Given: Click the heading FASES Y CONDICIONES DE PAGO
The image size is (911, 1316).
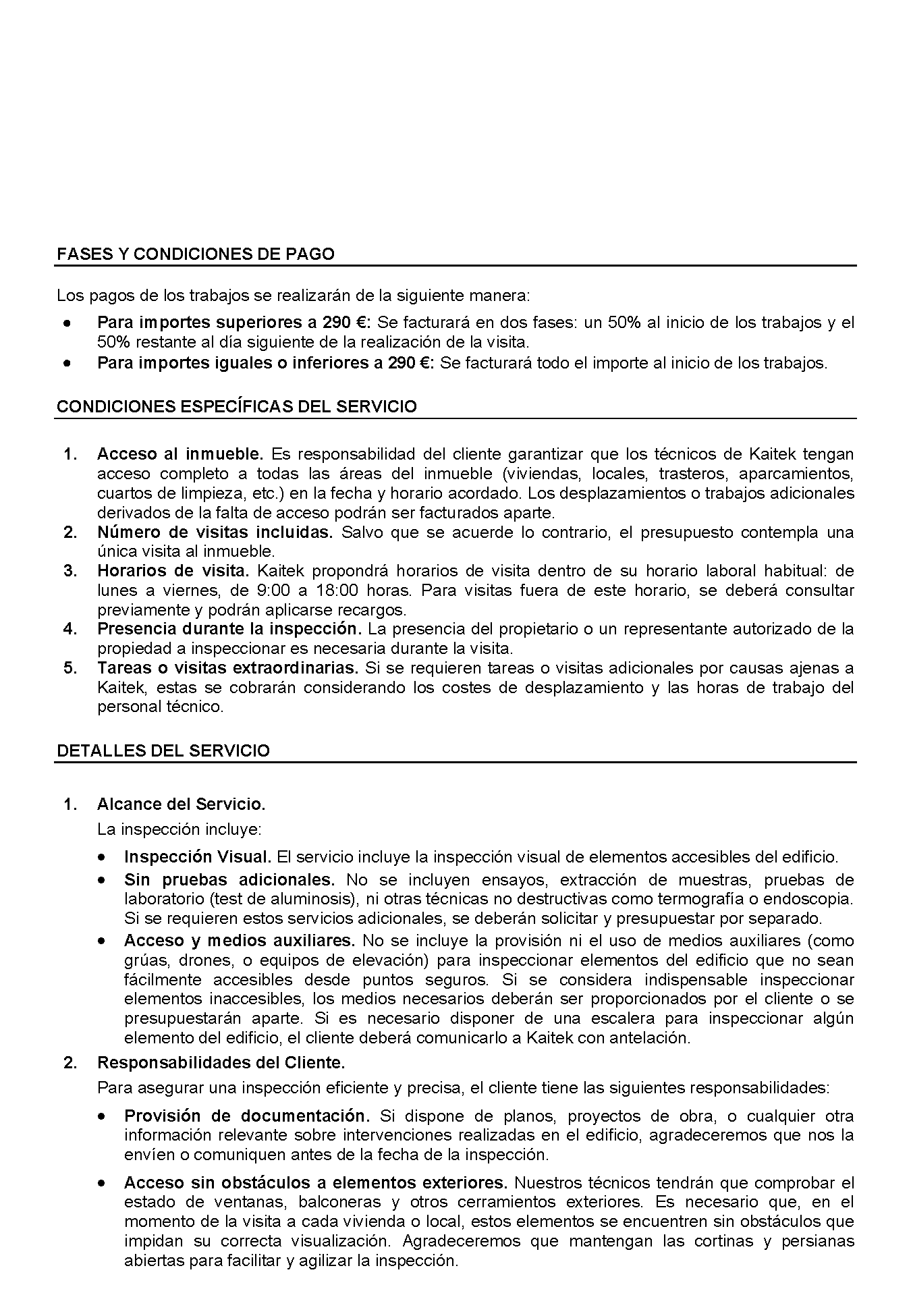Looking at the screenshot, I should coord(196,254).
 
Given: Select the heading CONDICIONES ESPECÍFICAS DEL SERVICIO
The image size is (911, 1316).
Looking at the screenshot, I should coord(237,407).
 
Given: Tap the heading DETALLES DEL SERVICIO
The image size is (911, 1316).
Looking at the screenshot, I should coord(163,751).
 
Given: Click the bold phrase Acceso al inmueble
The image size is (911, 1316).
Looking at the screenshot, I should coord(180,454).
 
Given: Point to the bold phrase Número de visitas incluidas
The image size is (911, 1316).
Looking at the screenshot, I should coord(215,532).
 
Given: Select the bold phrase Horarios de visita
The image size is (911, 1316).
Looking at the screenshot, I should coord(173,571).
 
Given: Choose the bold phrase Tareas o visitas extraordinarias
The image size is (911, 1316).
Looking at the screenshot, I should coord(227,668).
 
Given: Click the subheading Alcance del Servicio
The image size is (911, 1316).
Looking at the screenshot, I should coord(182,804).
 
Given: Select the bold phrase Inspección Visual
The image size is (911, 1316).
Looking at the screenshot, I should coord(198,857).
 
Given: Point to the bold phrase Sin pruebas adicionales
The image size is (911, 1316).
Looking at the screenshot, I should coord(229,880).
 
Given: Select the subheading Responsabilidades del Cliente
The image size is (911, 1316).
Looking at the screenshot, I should coord(221,1063).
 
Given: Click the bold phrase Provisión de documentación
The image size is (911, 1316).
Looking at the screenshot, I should coord(247,1116).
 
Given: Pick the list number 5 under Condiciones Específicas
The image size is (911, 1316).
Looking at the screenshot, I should coord(70,668).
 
